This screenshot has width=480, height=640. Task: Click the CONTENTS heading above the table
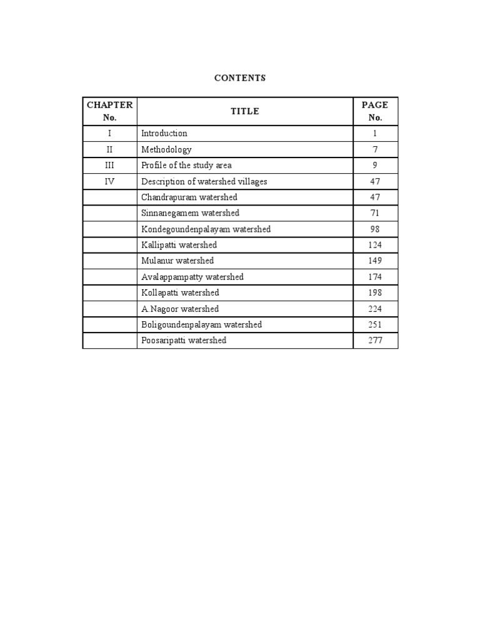tap(240, 78)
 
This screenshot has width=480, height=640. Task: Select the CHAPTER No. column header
tap(110, 111)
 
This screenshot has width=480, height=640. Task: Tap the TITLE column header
tap(245, 111)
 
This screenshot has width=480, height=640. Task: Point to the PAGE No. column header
tap(375, 111)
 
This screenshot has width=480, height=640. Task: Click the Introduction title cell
tap(164, 133)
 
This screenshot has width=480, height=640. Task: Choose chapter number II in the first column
tap(110, 149)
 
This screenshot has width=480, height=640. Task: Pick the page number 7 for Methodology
tap(375, 149)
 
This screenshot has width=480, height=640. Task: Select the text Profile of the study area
tap(186, 165)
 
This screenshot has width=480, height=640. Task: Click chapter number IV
tap(110, 181)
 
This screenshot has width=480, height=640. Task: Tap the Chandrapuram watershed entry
tap(189, 197)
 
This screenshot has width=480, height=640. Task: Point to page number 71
tap(375, 213)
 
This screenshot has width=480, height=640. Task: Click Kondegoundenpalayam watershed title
tap(206, 229)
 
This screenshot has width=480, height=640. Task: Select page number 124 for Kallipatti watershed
tap(375, 245)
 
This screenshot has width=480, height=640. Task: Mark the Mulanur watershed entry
tap(177, 261)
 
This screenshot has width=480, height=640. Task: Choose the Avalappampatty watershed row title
tap(192, 277)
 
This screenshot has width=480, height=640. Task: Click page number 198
tap(375, 292)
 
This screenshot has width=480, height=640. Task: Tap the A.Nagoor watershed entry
tap(180, 309)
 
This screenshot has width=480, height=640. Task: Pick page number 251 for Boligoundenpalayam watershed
tap(375, 324)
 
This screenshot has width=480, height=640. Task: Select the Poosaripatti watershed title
tap(184, 341)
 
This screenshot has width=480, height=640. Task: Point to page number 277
tap(375, 341)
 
